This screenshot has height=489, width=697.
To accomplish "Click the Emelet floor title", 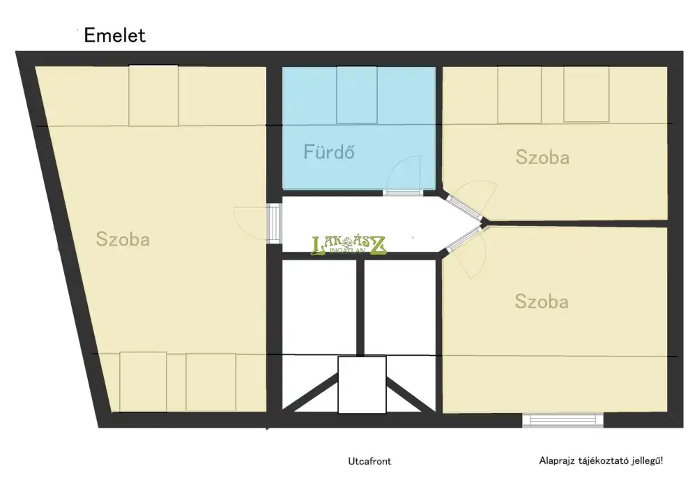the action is pos(115,36).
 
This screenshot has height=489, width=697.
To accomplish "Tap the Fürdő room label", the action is pos(329,152).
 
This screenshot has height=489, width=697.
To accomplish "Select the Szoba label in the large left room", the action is pos(123,239).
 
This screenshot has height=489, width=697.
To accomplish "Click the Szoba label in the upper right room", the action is pos(542,158).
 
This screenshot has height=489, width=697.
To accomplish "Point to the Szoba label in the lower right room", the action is pos(542,301).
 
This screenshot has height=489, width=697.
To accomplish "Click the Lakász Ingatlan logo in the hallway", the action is pos(348,245).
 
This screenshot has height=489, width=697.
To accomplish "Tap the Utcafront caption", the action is pos(369,461).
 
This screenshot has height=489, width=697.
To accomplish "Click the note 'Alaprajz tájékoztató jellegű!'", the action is pos(601,461).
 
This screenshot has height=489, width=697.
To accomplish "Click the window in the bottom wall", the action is pos(562,421).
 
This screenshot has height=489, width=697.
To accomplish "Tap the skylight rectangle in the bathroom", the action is pos(357,95).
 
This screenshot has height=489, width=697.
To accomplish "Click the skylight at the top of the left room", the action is pos(153,96).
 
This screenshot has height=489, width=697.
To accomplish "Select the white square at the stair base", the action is pos(362,385).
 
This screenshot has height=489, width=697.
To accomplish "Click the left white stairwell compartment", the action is pos(319,307).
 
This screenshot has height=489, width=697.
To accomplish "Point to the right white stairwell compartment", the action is pos(400,308).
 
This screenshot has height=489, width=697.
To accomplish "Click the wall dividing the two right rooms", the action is pos(577,223).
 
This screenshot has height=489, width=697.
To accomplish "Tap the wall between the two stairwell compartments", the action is pos(360,308).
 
